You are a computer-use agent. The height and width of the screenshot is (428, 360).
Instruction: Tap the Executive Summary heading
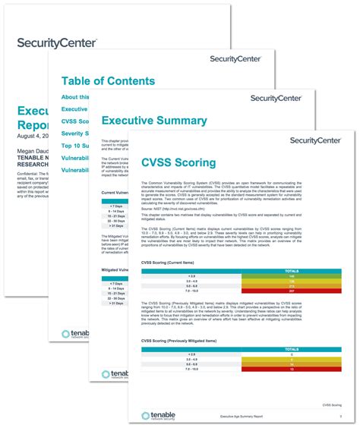[153, 120]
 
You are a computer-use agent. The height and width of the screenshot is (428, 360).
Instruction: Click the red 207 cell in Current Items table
[291, 291]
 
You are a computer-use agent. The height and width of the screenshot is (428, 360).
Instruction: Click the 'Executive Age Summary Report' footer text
[241, 417]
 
